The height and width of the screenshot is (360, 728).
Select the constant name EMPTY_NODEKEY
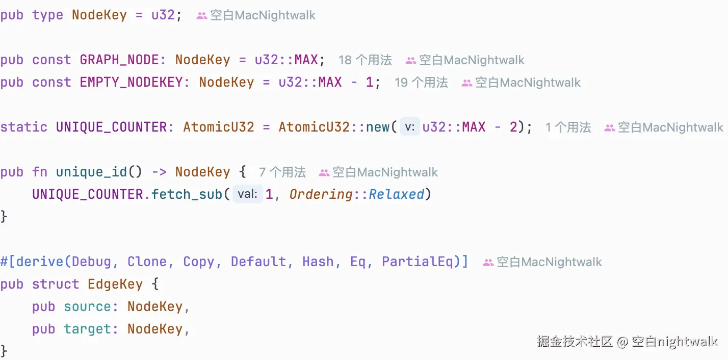(x=135, y=83)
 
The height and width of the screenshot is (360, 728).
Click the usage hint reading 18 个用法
(x=365, y=60)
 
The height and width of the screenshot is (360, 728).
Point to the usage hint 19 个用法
(x=421, y=83)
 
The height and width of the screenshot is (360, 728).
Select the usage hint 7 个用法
(x=282, y=172)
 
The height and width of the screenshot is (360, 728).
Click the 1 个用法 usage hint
(x=568, y=127)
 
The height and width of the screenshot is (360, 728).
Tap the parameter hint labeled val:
(x=248, y=195)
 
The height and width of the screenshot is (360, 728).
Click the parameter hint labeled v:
(x=409, y=127)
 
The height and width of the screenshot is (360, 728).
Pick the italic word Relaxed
(x=397, y=195)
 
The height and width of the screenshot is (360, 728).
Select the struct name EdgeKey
(x=115, y=285)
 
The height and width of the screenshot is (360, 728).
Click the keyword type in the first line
(x=47, y=15)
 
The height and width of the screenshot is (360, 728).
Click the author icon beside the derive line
(x=488, y=263)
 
